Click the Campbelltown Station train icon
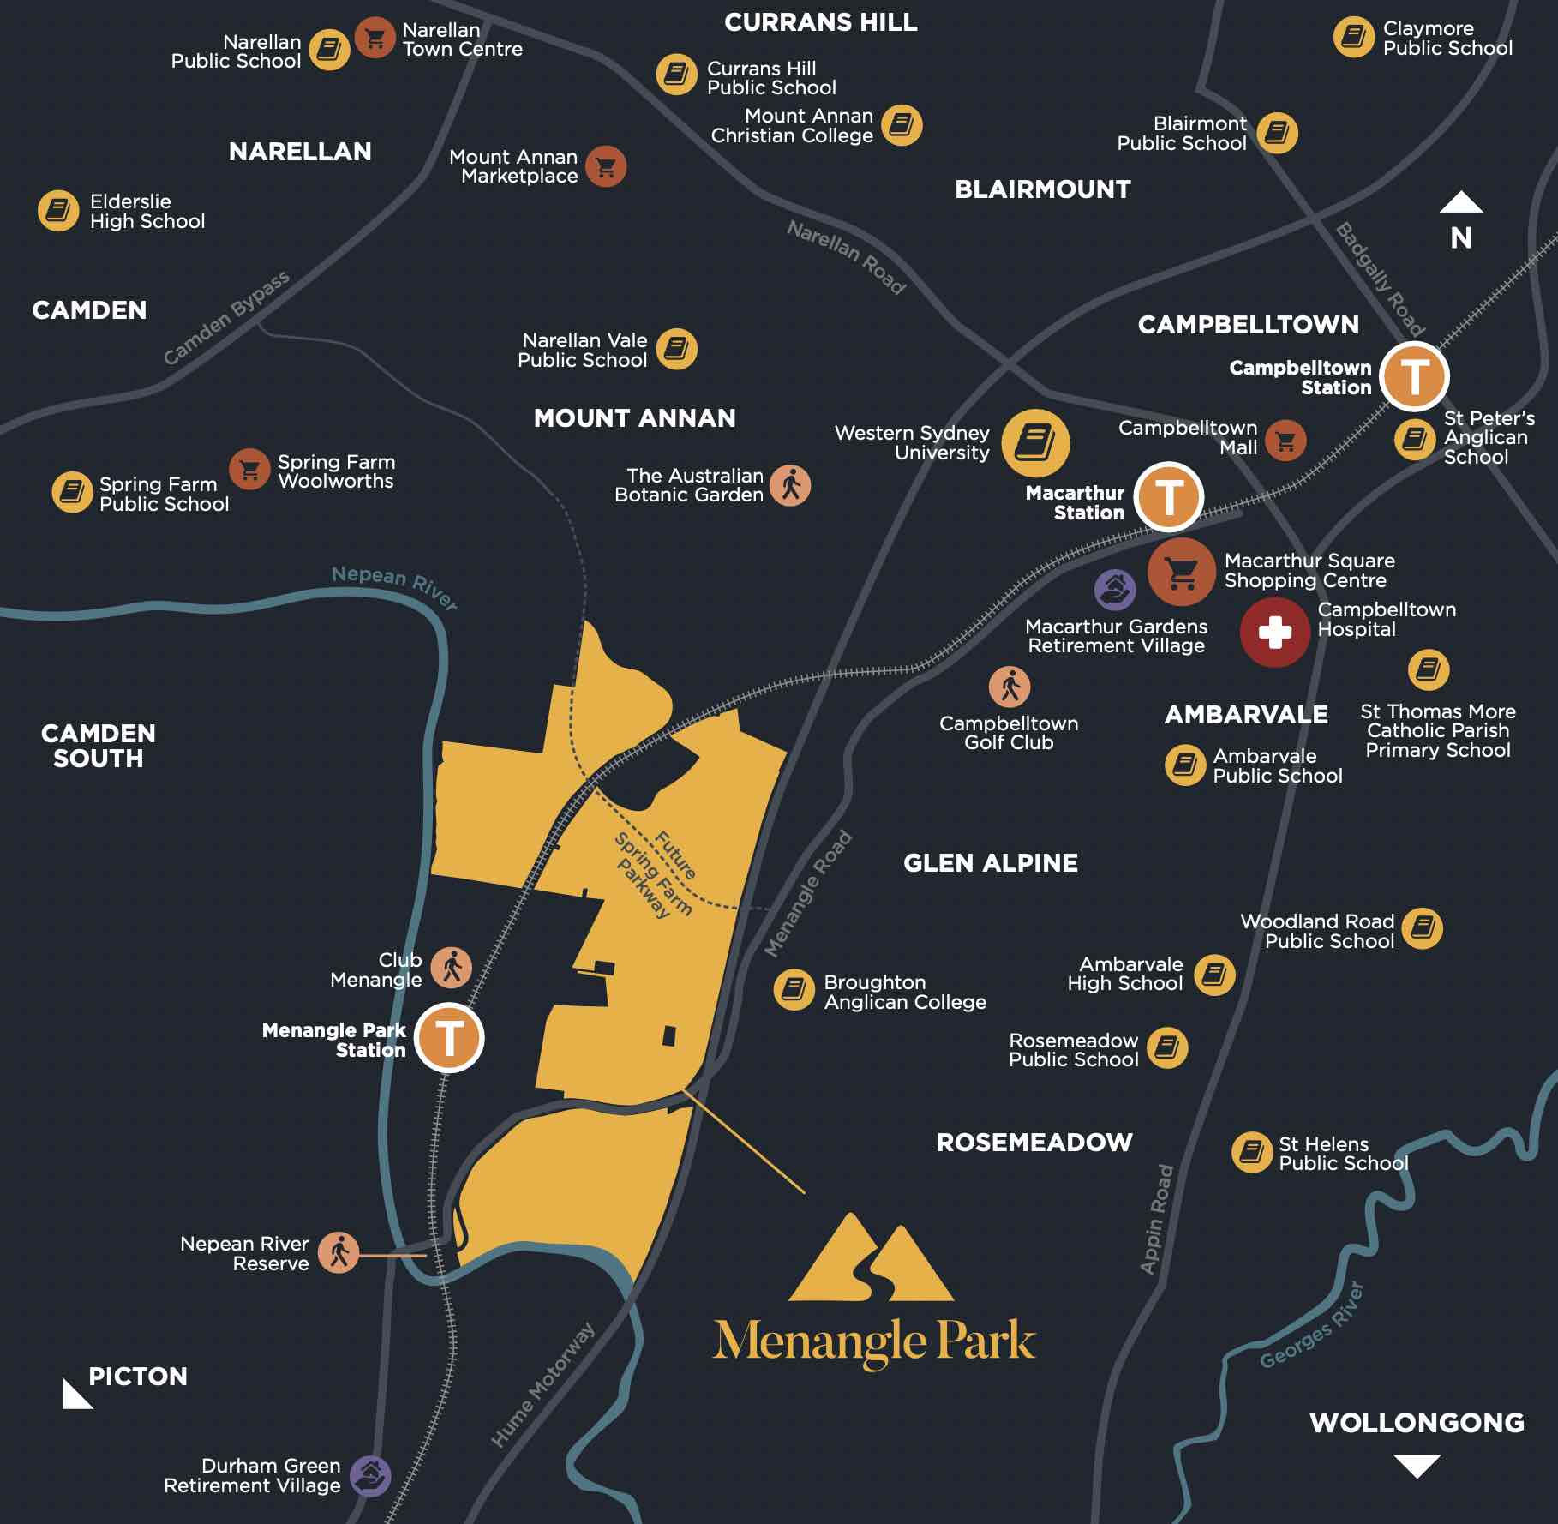click(x=1414, y=376)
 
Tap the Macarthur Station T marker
click(x=1169, y=496)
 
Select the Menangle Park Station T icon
click(x=449, y=1038)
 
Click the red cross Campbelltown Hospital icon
click(x=1274, y=633)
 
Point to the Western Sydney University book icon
click(x=1035, y=443)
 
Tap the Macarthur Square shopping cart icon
click(x=1181, y=572)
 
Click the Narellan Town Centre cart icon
click(x=375, y=39)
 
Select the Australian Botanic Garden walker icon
click(x=790, y=485)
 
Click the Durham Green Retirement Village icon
click(x=370, y=1475)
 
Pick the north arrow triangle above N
click(x=1461, y=203)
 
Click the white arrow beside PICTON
click(x=75, y=1395)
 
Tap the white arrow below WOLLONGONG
click(x=1417, y=1465)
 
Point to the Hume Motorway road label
click(x=542, y=1384)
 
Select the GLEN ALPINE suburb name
click(x=991, y=863)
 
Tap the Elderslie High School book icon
click(x=58, y=211)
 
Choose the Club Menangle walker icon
click(x=451, y=969)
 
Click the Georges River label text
click(x=1311, y=1326)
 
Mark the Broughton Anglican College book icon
click(x=794, y=991)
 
